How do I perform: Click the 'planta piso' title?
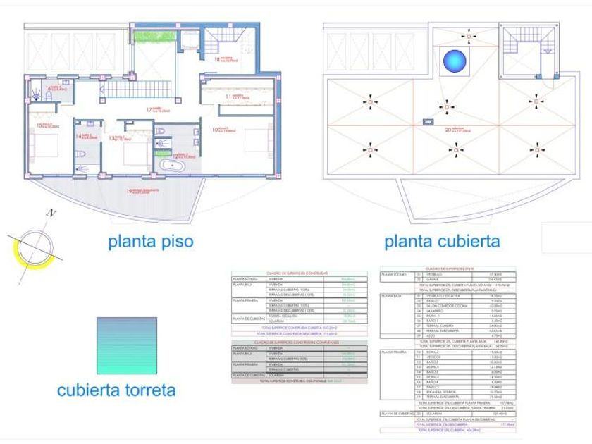tap(150, 242)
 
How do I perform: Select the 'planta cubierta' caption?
tap(442, 242)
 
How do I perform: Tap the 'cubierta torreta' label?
tap(116, 389)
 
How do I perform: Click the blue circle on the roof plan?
tap(455, 61)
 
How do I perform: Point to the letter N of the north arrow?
tap(51, 212)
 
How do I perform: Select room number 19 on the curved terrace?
tap(130, 190)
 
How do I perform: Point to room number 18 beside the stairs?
tap(218, 59)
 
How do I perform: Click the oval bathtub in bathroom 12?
tap(172, 166)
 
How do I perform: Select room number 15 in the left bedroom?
tap(40, 125)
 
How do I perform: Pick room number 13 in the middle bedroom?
tap(111, 138)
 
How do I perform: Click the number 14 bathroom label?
tap(79, 136)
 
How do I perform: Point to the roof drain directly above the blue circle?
tap(465, 33)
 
